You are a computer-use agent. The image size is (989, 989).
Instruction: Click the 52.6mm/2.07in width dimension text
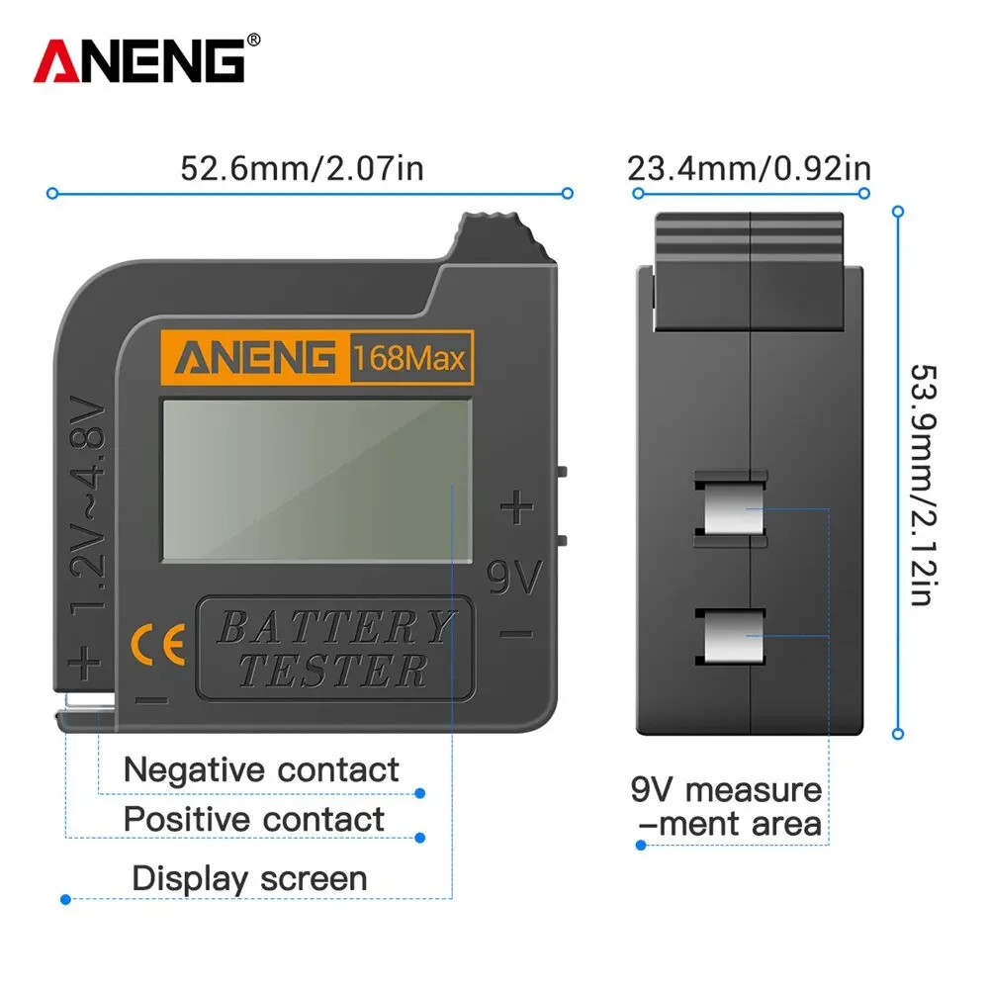(302, 167)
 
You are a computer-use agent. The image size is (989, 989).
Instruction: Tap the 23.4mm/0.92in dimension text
(749, 167)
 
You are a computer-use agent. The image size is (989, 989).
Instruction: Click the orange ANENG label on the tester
(255, 356)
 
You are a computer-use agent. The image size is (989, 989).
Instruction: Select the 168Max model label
(408, 357)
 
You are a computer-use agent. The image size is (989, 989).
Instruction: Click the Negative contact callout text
(261, 769)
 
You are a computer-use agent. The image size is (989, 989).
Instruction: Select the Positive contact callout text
(253, 820)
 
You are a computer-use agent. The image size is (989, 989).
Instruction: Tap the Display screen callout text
(249, 878)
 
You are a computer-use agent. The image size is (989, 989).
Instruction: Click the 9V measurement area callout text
(727, 807)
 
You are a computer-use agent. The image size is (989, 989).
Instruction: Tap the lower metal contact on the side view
(731, 636)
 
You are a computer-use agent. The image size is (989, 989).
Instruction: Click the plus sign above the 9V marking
(516, 509)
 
